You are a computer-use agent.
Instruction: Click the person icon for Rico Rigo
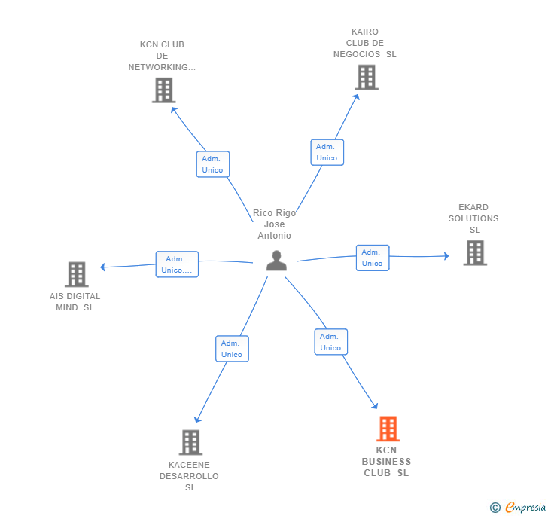click(x=276, y=261)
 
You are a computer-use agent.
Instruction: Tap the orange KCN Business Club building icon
click(x=388, y=429)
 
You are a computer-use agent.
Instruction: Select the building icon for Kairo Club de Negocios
click(x=367, y=78)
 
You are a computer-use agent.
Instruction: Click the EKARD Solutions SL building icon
click(x=475, y=253)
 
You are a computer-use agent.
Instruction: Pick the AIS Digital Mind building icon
click(x=77, y=274)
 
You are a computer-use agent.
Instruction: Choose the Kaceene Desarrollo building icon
click(x=190, y=442)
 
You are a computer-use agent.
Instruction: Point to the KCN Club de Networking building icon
click(x=163, y=90)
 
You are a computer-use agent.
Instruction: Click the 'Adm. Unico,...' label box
click(x=177, y=264)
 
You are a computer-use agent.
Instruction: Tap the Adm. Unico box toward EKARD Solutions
click(x=373, y=258)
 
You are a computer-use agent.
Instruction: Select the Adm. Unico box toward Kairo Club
click(x=327, y=152)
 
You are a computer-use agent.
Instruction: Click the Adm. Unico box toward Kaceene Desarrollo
click(x=232, y=349)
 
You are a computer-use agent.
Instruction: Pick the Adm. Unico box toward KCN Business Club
click(x=331, y=342)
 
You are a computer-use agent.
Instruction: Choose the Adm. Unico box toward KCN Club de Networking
click(x=213, y=164)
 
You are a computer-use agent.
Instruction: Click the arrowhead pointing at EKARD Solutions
click(x=446, y=256)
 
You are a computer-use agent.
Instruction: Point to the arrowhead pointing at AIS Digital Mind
click(x=102, y=267)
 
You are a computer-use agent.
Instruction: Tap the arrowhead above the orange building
click(x=375, y=406)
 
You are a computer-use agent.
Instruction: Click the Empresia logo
click(x=518, y=508)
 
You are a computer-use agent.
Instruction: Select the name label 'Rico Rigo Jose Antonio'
click(x=274, y=224)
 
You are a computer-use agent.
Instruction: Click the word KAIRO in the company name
click(x=365, y=32)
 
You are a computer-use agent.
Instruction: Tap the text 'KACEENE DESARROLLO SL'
click(x=189, y=476)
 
